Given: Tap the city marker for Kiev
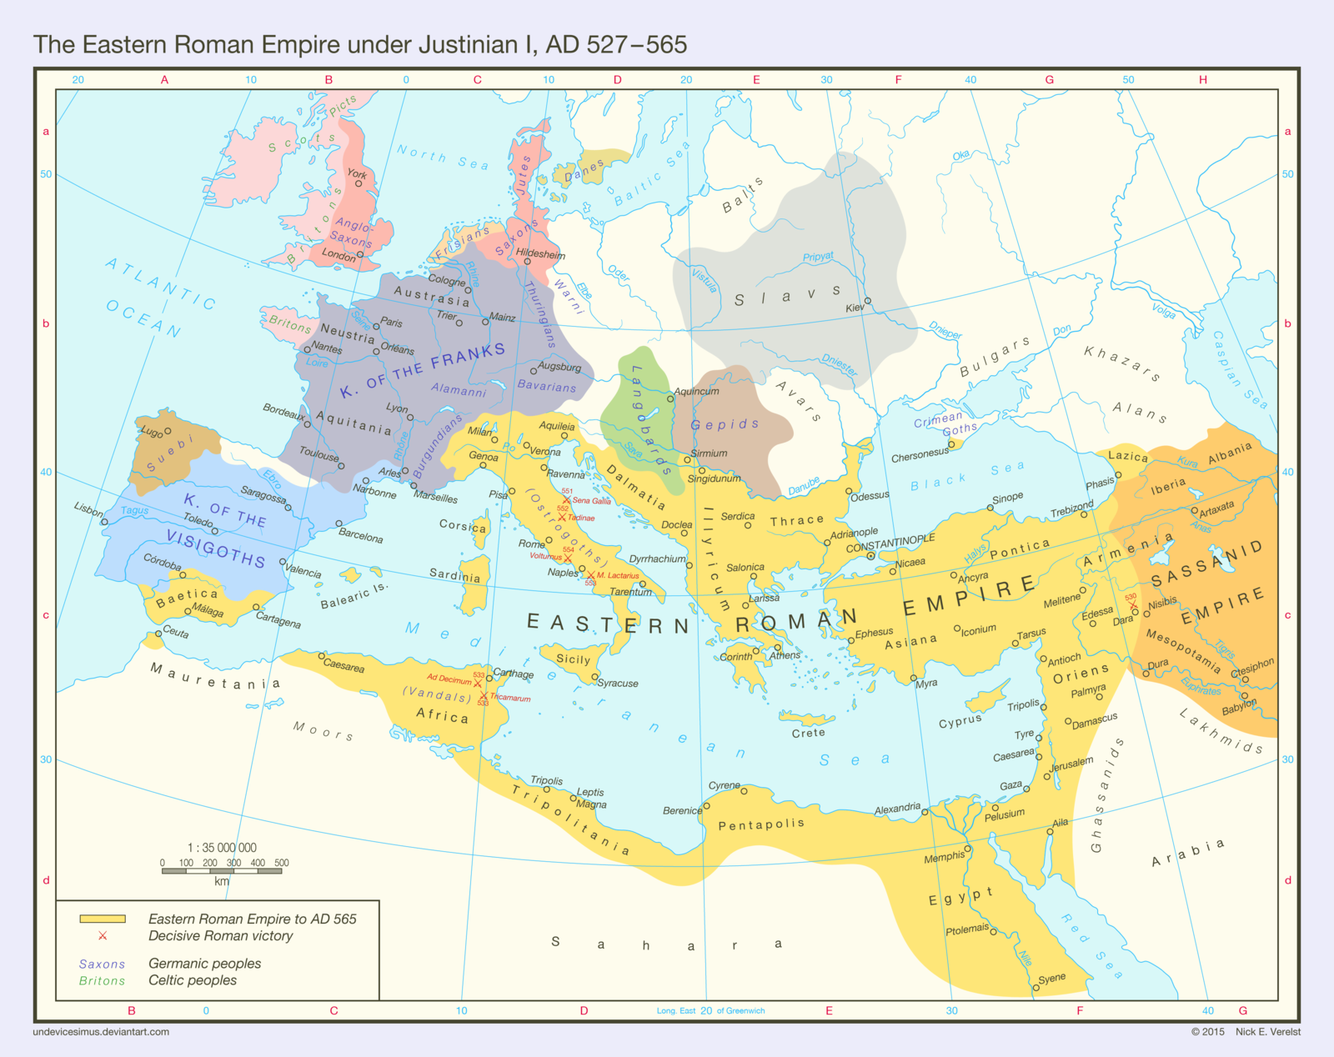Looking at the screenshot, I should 868,301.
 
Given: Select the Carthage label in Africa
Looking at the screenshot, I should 514,674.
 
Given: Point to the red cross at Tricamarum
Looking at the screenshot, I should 484,696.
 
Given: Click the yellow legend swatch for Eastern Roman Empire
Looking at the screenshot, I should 103,919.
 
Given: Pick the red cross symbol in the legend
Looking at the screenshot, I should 103,936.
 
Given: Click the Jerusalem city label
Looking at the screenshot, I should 1071,763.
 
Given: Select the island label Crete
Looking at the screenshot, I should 808,733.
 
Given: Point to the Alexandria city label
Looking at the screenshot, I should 897,809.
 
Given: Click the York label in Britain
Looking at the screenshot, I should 357,174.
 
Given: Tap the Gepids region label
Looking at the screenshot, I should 725,424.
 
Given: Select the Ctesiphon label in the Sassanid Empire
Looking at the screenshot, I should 1253,667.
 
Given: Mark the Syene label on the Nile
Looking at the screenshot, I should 1052,978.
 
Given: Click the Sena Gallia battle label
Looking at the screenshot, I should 592,501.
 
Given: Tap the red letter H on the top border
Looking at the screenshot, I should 1203,80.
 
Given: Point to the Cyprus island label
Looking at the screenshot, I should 960,721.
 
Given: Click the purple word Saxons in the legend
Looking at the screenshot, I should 102,964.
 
